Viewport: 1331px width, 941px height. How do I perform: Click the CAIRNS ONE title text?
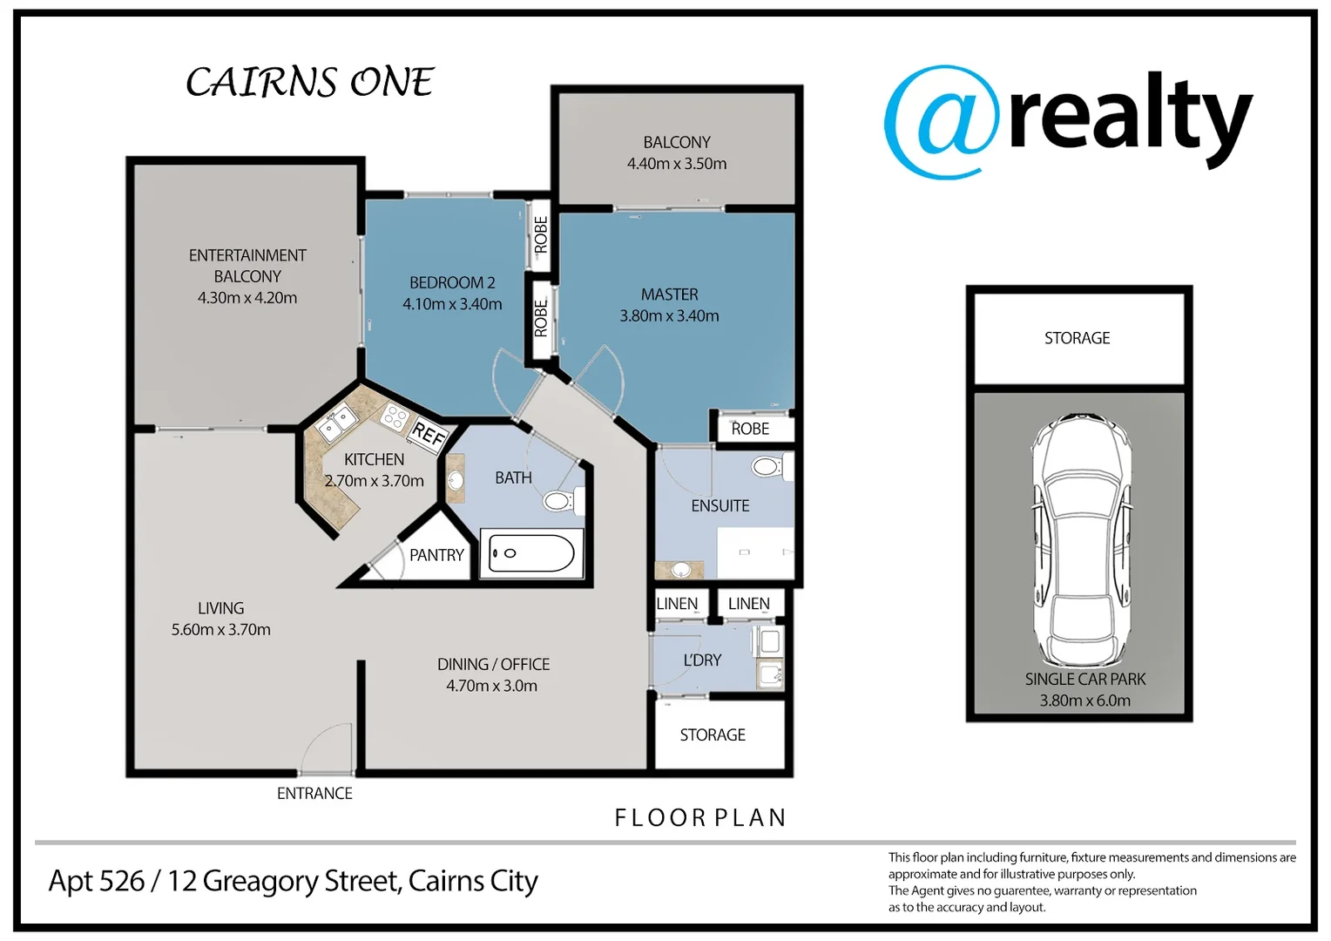pos(309,83)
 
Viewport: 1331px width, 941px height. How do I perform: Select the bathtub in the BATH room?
pos(531,553)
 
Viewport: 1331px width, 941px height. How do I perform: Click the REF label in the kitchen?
pos(429,433)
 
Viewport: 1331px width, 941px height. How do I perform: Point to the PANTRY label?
pos(436,555)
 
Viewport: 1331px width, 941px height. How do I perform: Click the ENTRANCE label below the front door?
pos(314,793)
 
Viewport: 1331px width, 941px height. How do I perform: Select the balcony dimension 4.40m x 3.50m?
pos(677,164)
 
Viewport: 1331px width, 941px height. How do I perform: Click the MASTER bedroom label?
pos(669,294)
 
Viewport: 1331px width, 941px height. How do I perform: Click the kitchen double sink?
pos(337,423)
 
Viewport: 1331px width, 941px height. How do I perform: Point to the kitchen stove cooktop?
pos(395,417)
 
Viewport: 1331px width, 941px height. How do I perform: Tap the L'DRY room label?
pos(702,660)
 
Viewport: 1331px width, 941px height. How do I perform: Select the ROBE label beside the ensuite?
pos(750,429)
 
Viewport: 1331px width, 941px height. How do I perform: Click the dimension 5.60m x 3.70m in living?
pos(220,629)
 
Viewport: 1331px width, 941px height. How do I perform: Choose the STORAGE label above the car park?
pos(1077,338)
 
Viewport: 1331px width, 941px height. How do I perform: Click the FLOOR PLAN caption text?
pos(700,817)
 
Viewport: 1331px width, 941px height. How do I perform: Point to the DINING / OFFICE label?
pos(493,664)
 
